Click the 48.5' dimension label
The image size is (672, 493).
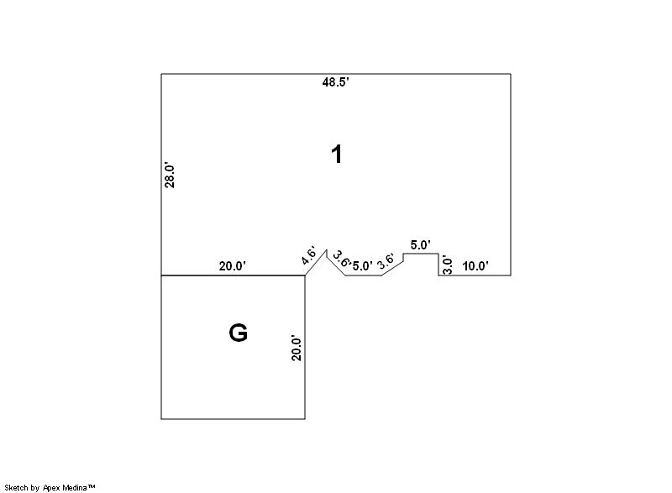tap(335, 82)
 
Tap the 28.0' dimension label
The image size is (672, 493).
tap(170, 176)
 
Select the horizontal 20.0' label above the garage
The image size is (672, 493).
tap(233, 266)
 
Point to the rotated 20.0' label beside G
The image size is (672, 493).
tap(297, 348)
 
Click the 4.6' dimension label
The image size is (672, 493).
tap(308, 255)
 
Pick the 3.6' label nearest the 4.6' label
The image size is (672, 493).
tap(342, 260)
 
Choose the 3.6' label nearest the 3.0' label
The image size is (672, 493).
tap(386, 262)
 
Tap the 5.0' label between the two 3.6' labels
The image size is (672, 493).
tap(363, 266)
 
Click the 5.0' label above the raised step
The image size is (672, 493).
tap(421, 245)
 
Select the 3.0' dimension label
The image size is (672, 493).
tap(447, 265)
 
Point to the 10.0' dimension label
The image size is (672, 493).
tap(475, 266)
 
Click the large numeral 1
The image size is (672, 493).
tap(338, 155)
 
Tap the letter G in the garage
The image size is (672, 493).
tap(239, 333)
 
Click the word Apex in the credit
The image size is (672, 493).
tap(52, 487)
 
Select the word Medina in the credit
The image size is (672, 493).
tap(75, 487)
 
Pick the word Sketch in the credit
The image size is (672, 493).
tap(16, 487)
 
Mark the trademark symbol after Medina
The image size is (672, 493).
tap(92, 486)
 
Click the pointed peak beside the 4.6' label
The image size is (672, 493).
tap(327, 249)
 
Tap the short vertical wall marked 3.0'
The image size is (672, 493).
tap(438, 265)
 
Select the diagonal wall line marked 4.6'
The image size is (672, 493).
tap(316, 263)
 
